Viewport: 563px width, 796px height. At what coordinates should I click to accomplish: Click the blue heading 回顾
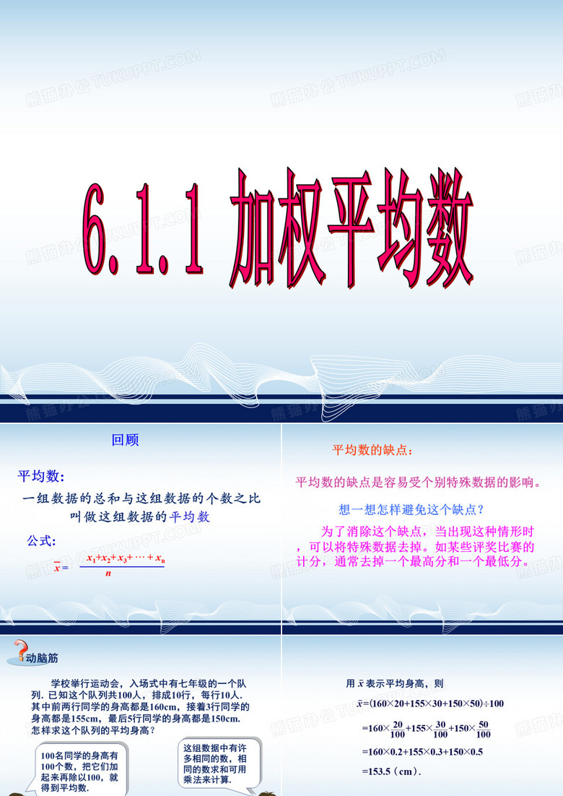(126, 440)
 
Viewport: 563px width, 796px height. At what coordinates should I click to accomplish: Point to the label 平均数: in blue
(41, 476)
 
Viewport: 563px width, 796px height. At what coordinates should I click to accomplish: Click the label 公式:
(41, 540)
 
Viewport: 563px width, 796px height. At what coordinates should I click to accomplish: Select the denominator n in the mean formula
(108, 574)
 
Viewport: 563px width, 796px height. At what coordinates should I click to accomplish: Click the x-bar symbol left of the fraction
(57, 567)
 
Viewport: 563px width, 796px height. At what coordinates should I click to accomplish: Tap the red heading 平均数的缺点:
(372, 450)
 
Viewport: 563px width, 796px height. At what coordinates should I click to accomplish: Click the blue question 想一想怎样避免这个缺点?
(412, 509)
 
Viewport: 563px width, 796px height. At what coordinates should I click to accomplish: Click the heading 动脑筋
(42, 658)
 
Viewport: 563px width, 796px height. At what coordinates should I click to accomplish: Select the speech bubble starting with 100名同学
(79, 771)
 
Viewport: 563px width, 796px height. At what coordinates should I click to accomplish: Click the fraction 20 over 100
(398, 730)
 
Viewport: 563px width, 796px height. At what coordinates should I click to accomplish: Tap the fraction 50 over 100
(484, 730)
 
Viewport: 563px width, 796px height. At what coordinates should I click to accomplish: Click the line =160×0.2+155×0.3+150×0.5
(422, 752)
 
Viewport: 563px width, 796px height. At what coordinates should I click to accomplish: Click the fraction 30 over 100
(440, 730)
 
